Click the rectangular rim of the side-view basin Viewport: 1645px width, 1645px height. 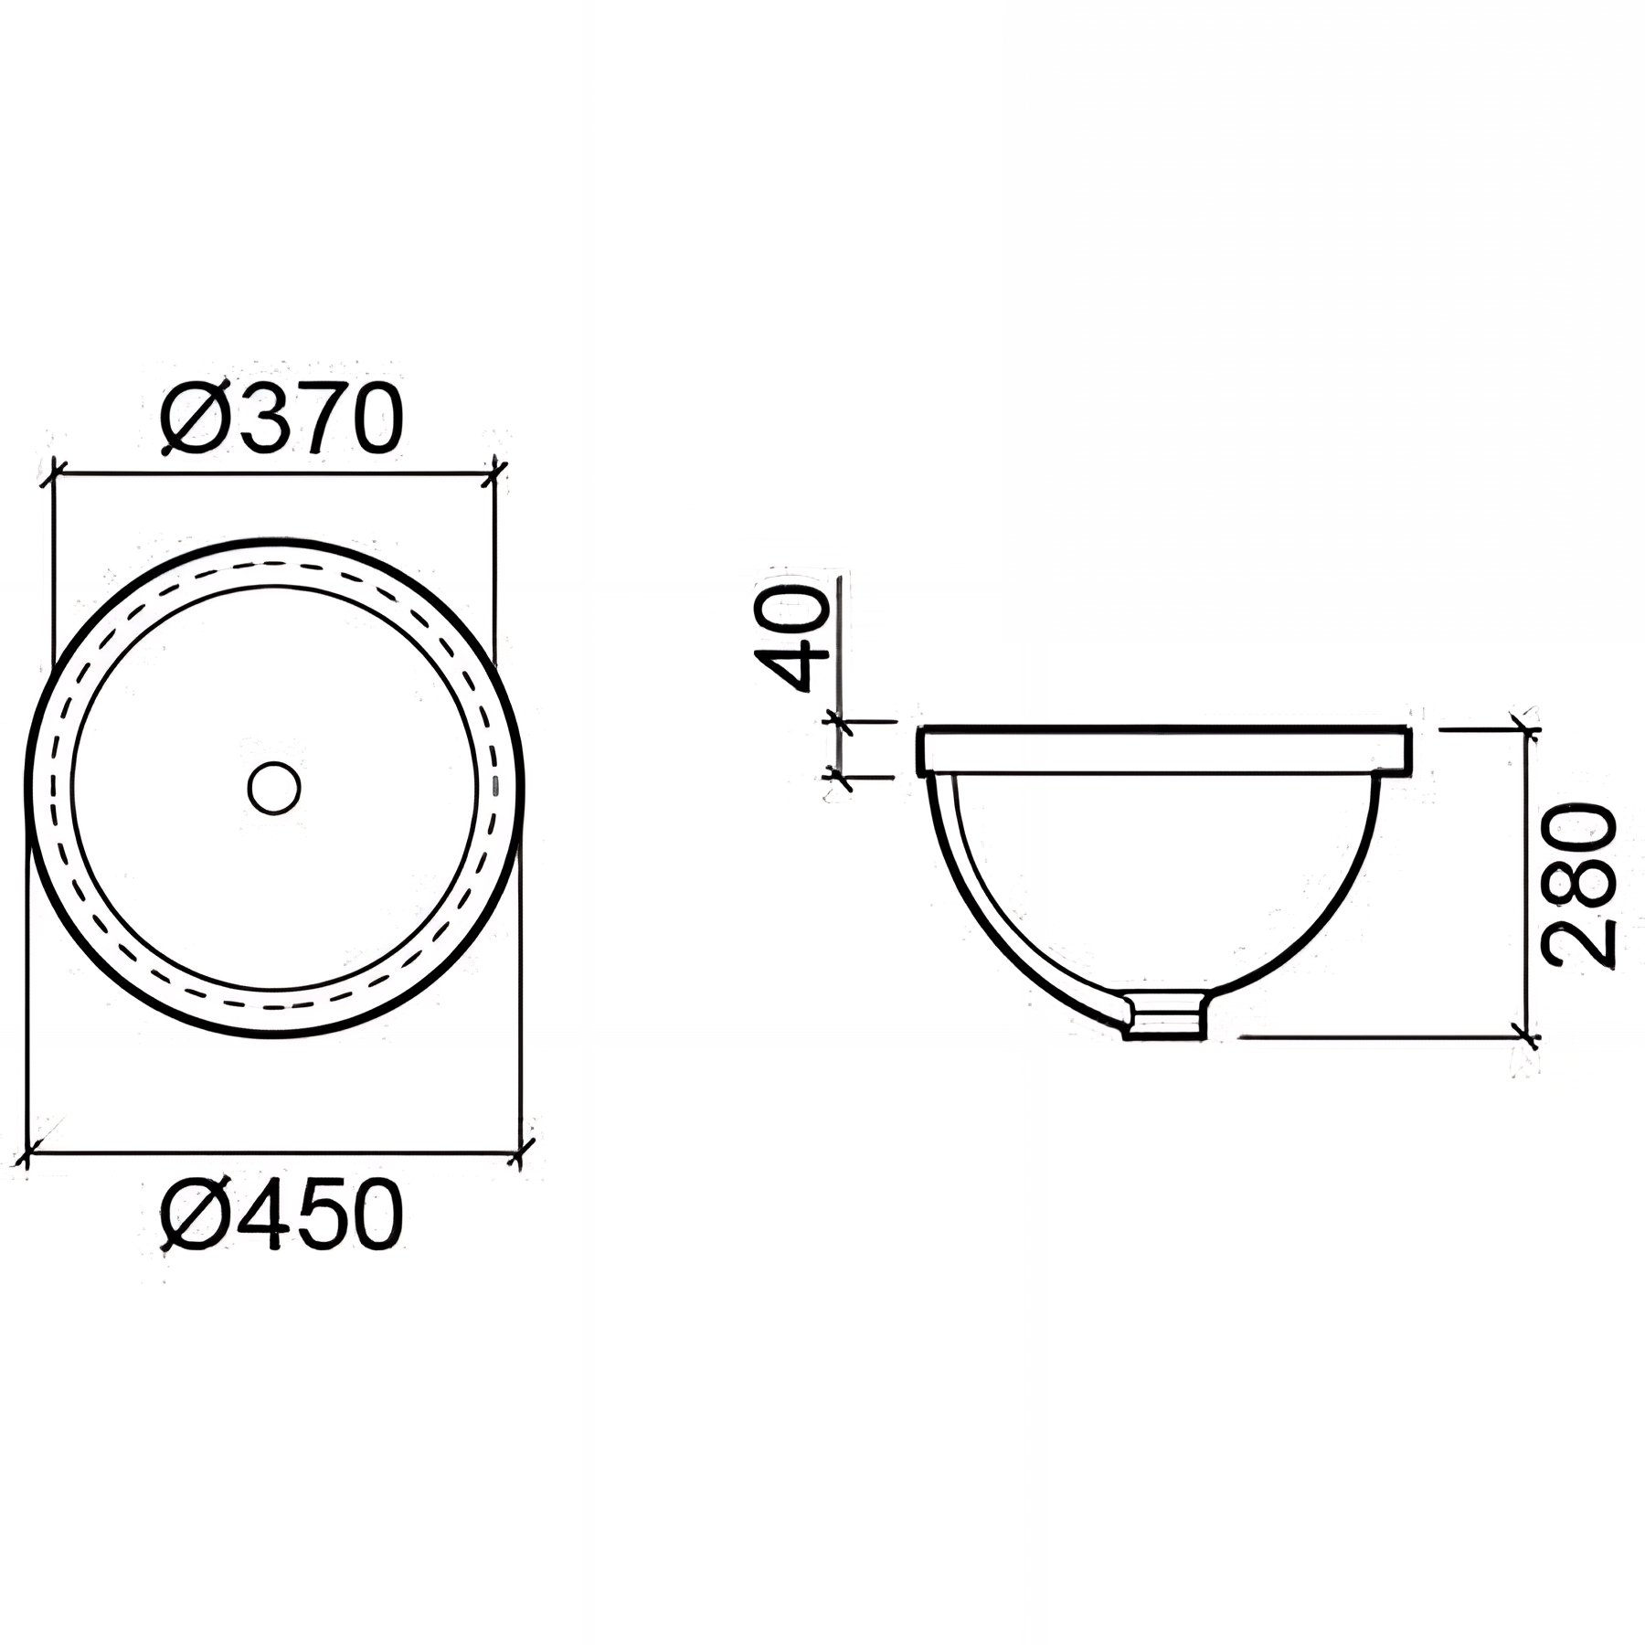(x=1166, y=750)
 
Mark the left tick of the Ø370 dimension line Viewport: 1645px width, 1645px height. (x=57, y=472)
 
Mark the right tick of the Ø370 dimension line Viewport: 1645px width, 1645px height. (x=494, y=472)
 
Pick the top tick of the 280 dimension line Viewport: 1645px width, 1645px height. (x=1524, y=728)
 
